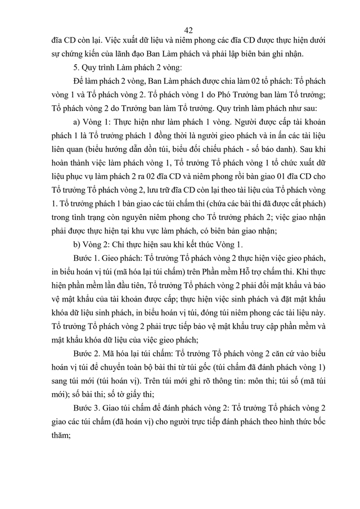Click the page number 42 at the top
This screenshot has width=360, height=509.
pos(188,31)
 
